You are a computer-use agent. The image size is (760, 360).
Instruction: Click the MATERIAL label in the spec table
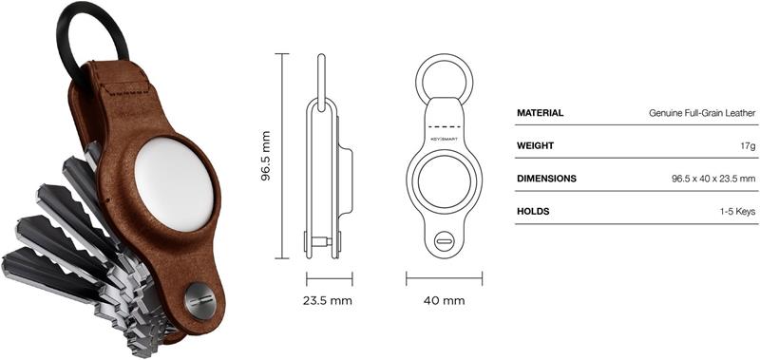tap(540, 113)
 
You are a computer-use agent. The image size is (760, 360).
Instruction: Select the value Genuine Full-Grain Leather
tap(702, 113)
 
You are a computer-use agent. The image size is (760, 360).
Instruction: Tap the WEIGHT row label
tap(535, 146)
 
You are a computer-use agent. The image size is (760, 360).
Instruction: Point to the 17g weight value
tap(747, 146)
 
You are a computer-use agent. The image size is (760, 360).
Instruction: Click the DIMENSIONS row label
tap(546, 179)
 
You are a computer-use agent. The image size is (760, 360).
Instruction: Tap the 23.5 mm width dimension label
tap(328, 301)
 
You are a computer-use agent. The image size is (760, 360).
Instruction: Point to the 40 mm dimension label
tap(445, 301)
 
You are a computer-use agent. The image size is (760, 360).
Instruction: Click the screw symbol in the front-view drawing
tap(444, 240)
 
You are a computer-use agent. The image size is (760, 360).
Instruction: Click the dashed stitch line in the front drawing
tap(444, 124)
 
